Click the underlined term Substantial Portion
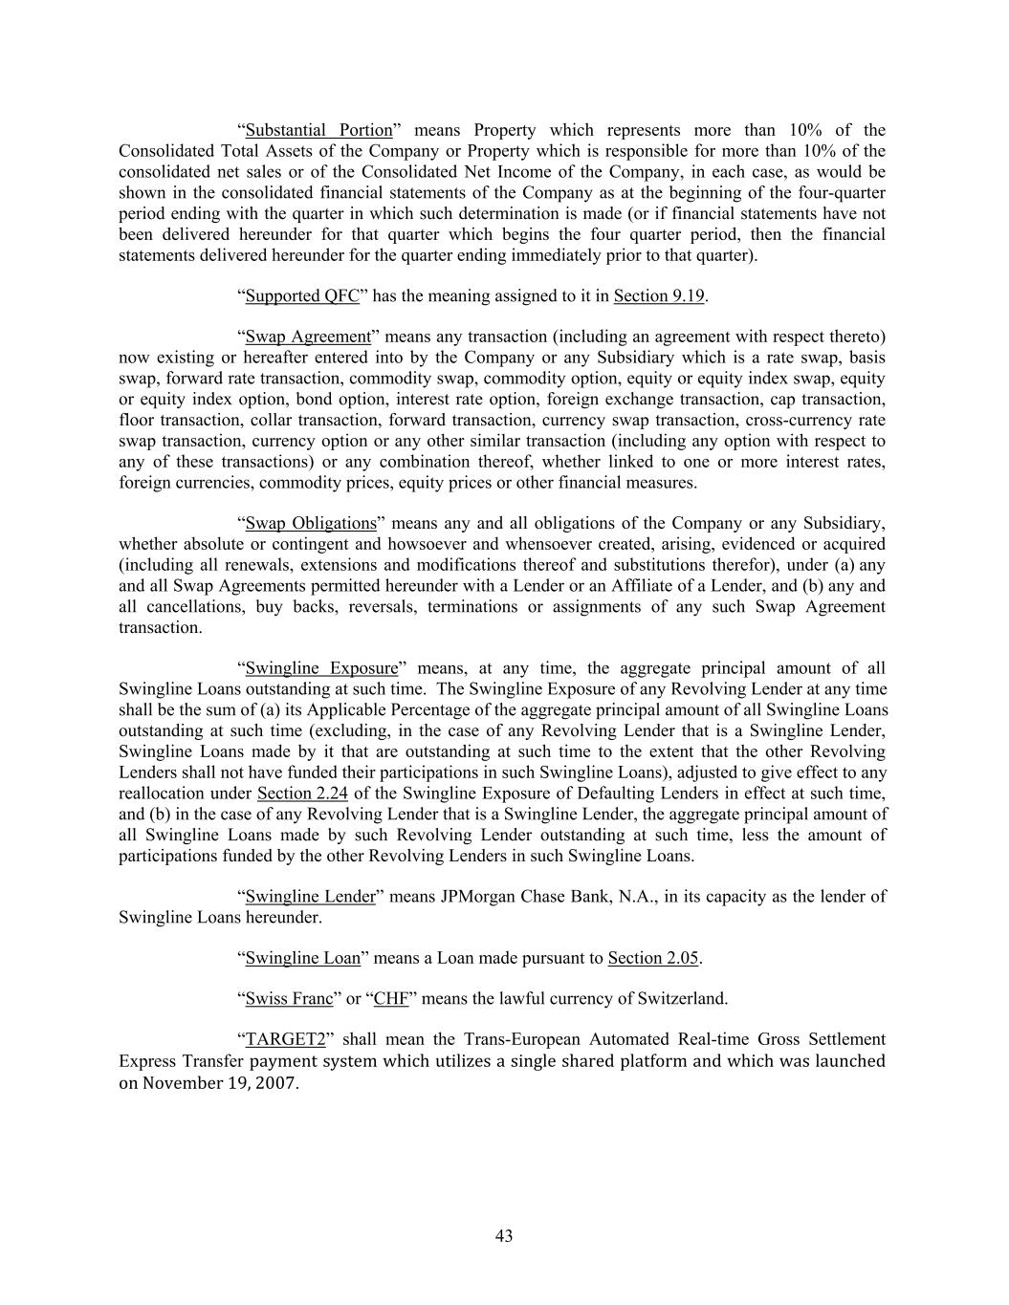pyautogui.click(x=318, y=130)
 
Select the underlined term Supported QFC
pyautogui.click(x=302, y=295)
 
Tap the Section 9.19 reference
pyautogui.click(x=659, y=295)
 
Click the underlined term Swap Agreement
pyautogui.click(x=307, y=337)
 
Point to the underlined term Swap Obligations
pyautogui.click(x=311, y=523)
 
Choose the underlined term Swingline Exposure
pyautogui.click(x=321, y=668)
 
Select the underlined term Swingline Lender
pyautogui.click(x=310, y=897)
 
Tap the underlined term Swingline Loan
pyautogui.click(x=303, y=958)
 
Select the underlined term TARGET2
pyautogui.click(x=285, y=1040)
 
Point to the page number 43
pyautogui.click(x=504, y=1236)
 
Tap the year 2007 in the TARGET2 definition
pyautogui.click(x=275, y=1082)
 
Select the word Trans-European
pyautogui.click(x=517, y=1040)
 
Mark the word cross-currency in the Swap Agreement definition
pyautogui.click(x=797, y=421)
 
